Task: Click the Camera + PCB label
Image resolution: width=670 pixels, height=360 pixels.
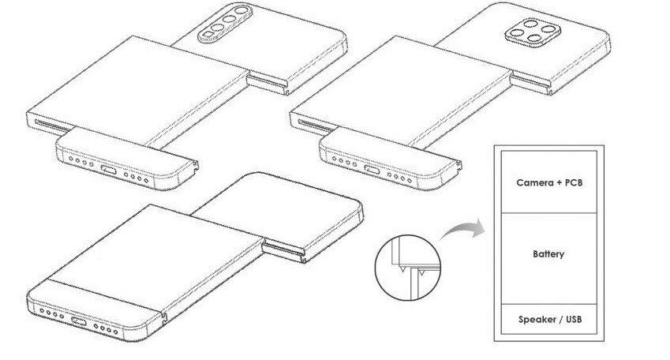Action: [550, 183]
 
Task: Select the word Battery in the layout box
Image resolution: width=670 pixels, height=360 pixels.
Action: [548, 255]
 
